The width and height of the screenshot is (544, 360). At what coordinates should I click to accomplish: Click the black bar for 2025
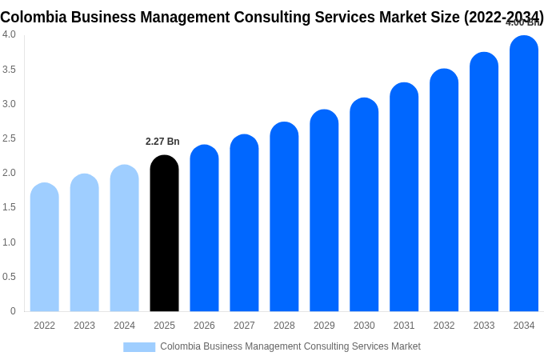pyautogui.click(x=164, y=234)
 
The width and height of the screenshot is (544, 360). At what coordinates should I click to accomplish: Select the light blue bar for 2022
pyautogui.click(x=45, y=247)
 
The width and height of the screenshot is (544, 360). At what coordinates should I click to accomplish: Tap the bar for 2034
pyautogui.click(x=524, y=174)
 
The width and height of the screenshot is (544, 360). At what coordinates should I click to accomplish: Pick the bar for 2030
pyautogui.click(x=364, y=205)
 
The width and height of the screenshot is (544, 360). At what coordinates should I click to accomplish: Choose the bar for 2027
pyautogui.click(x=244, y=223)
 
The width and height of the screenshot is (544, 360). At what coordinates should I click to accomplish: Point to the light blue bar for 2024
pyautogui.click(x=124, y=238)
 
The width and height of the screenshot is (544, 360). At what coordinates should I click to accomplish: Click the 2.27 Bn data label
pyautogui.click(x=162, y=142)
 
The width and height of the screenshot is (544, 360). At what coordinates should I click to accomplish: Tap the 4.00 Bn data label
pyautogui.click(x=523, y=22)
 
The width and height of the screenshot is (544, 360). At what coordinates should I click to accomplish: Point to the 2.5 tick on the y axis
pyautogui.click(x=9, y=138)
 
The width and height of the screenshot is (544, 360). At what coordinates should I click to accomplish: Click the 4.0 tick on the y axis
pyautogui.click(x=9, y=34)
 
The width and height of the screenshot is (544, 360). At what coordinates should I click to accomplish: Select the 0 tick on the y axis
pyautogui.click(x=13, y=311)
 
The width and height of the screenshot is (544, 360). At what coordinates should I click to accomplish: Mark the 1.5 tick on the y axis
pyautogui.click(x=9, y=207)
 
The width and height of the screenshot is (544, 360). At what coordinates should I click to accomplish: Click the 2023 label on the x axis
pyautogui.click(x=84, y=326)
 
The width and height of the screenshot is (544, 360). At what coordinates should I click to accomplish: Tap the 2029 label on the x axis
pyautogui.click(x=324, y=326)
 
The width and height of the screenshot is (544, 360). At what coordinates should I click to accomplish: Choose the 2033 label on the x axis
pyautogui.click(x=484, y=326)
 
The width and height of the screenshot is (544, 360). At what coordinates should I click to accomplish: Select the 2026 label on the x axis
pyautogui.click(x=204, y=326)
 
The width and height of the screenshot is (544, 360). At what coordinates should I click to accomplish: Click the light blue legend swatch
pyautogui.click(x=139, y=347)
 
